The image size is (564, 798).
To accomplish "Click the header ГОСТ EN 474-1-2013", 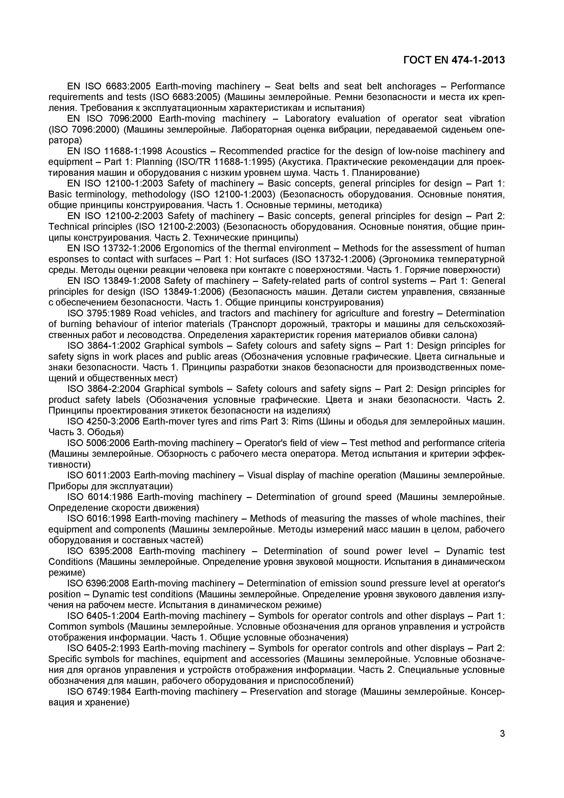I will point(454,60).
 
